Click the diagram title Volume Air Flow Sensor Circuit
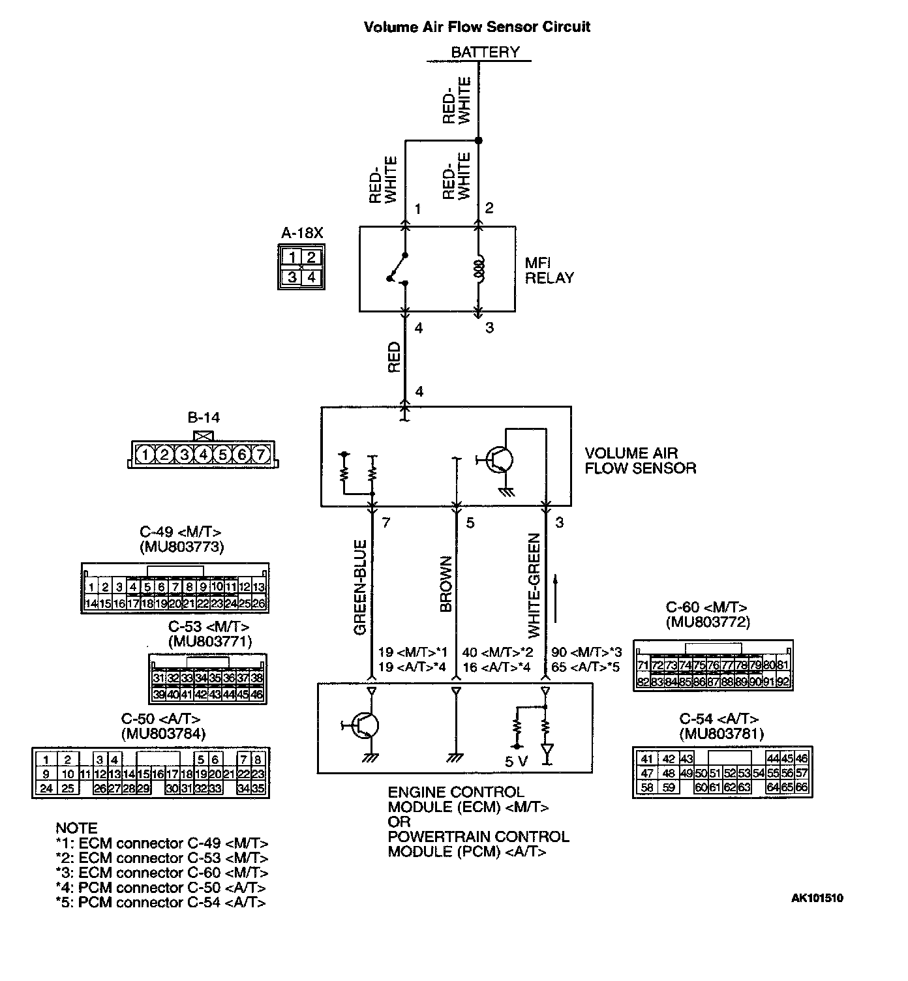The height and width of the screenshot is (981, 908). (477, 27)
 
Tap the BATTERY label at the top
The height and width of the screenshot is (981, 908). (485, 52)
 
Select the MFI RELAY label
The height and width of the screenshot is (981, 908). (549, 270)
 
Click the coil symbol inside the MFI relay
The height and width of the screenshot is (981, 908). (479, 269)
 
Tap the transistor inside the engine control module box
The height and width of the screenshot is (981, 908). (366, 725)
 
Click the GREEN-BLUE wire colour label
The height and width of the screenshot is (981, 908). (360, 588)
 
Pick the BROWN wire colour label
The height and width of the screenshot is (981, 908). (446, 584)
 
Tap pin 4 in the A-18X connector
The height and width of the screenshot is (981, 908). (312, 277)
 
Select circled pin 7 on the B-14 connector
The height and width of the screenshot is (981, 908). (260, 454)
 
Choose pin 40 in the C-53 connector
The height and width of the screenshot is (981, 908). (172, 695)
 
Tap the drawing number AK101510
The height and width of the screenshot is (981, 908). (817, 898)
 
